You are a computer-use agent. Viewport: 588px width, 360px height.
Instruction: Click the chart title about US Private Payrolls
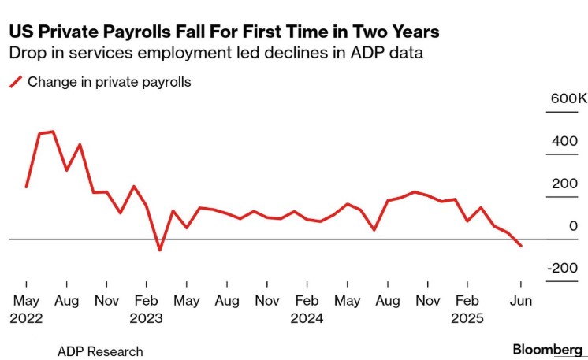(x=224, y=32)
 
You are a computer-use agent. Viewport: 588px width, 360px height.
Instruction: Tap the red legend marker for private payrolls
(x=15, y=81)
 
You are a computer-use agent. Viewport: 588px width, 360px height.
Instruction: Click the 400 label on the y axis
(x=564, y=142)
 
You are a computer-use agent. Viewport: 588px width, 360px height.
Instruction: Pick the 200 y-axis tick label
(x=564, y=184)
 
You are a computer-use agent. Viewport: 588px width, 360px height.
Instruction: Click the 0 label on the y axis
(x=573, y=227)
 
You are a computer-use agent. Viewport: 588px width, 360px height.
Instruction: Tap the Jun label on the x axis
(x=520, y=301)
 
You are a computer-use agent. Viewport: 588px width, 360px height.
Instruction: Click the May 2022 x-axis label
(x=26, y=310)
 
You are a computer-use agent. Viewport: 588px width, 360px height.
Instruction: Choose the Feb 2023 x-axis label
(x=146, y=310)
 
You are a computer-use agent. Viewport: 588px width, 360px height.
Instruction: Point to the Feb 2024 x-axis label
(x=307, y=310)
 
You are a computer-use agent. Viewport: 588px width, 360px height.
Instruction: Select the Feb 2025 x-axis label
(x=467, y=310)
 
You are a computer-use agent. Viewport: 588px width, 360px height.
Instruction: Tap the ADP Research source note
(x=100, y=351)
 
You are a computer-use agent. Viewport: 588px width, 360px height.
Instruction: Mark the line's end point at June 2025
(x=520, y=246)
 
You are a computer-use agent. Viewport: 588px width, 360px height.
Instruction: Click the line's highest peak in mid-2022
(x=53, y=132)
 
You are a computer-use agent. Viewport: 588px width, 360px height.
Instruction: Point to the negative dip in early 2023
(x=160, y=250)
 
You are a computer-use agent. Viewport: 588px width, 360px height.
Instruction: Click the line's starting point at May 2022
(x=26, y=187)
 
